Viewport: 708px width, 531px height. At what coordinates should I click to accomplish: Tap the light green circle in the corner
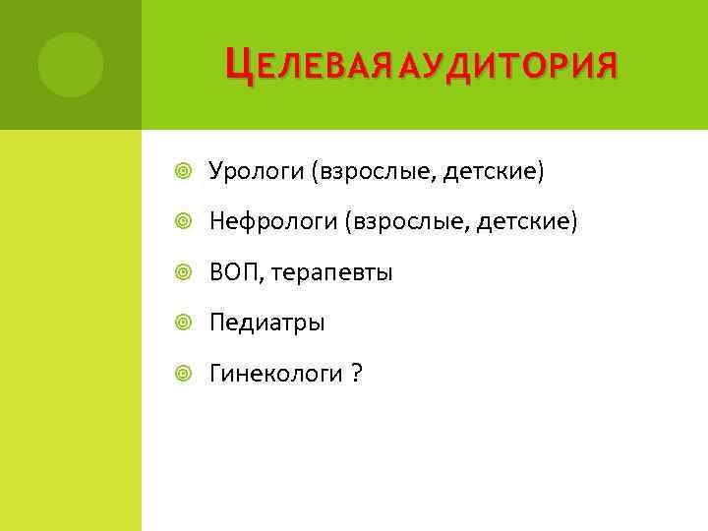click(71, 65)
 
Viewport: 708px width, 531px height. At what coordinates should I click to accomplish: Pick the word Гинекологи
click(275, 374)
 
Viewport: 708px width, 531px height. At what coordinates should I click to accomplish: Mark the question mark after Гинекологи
click(356, 374)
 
